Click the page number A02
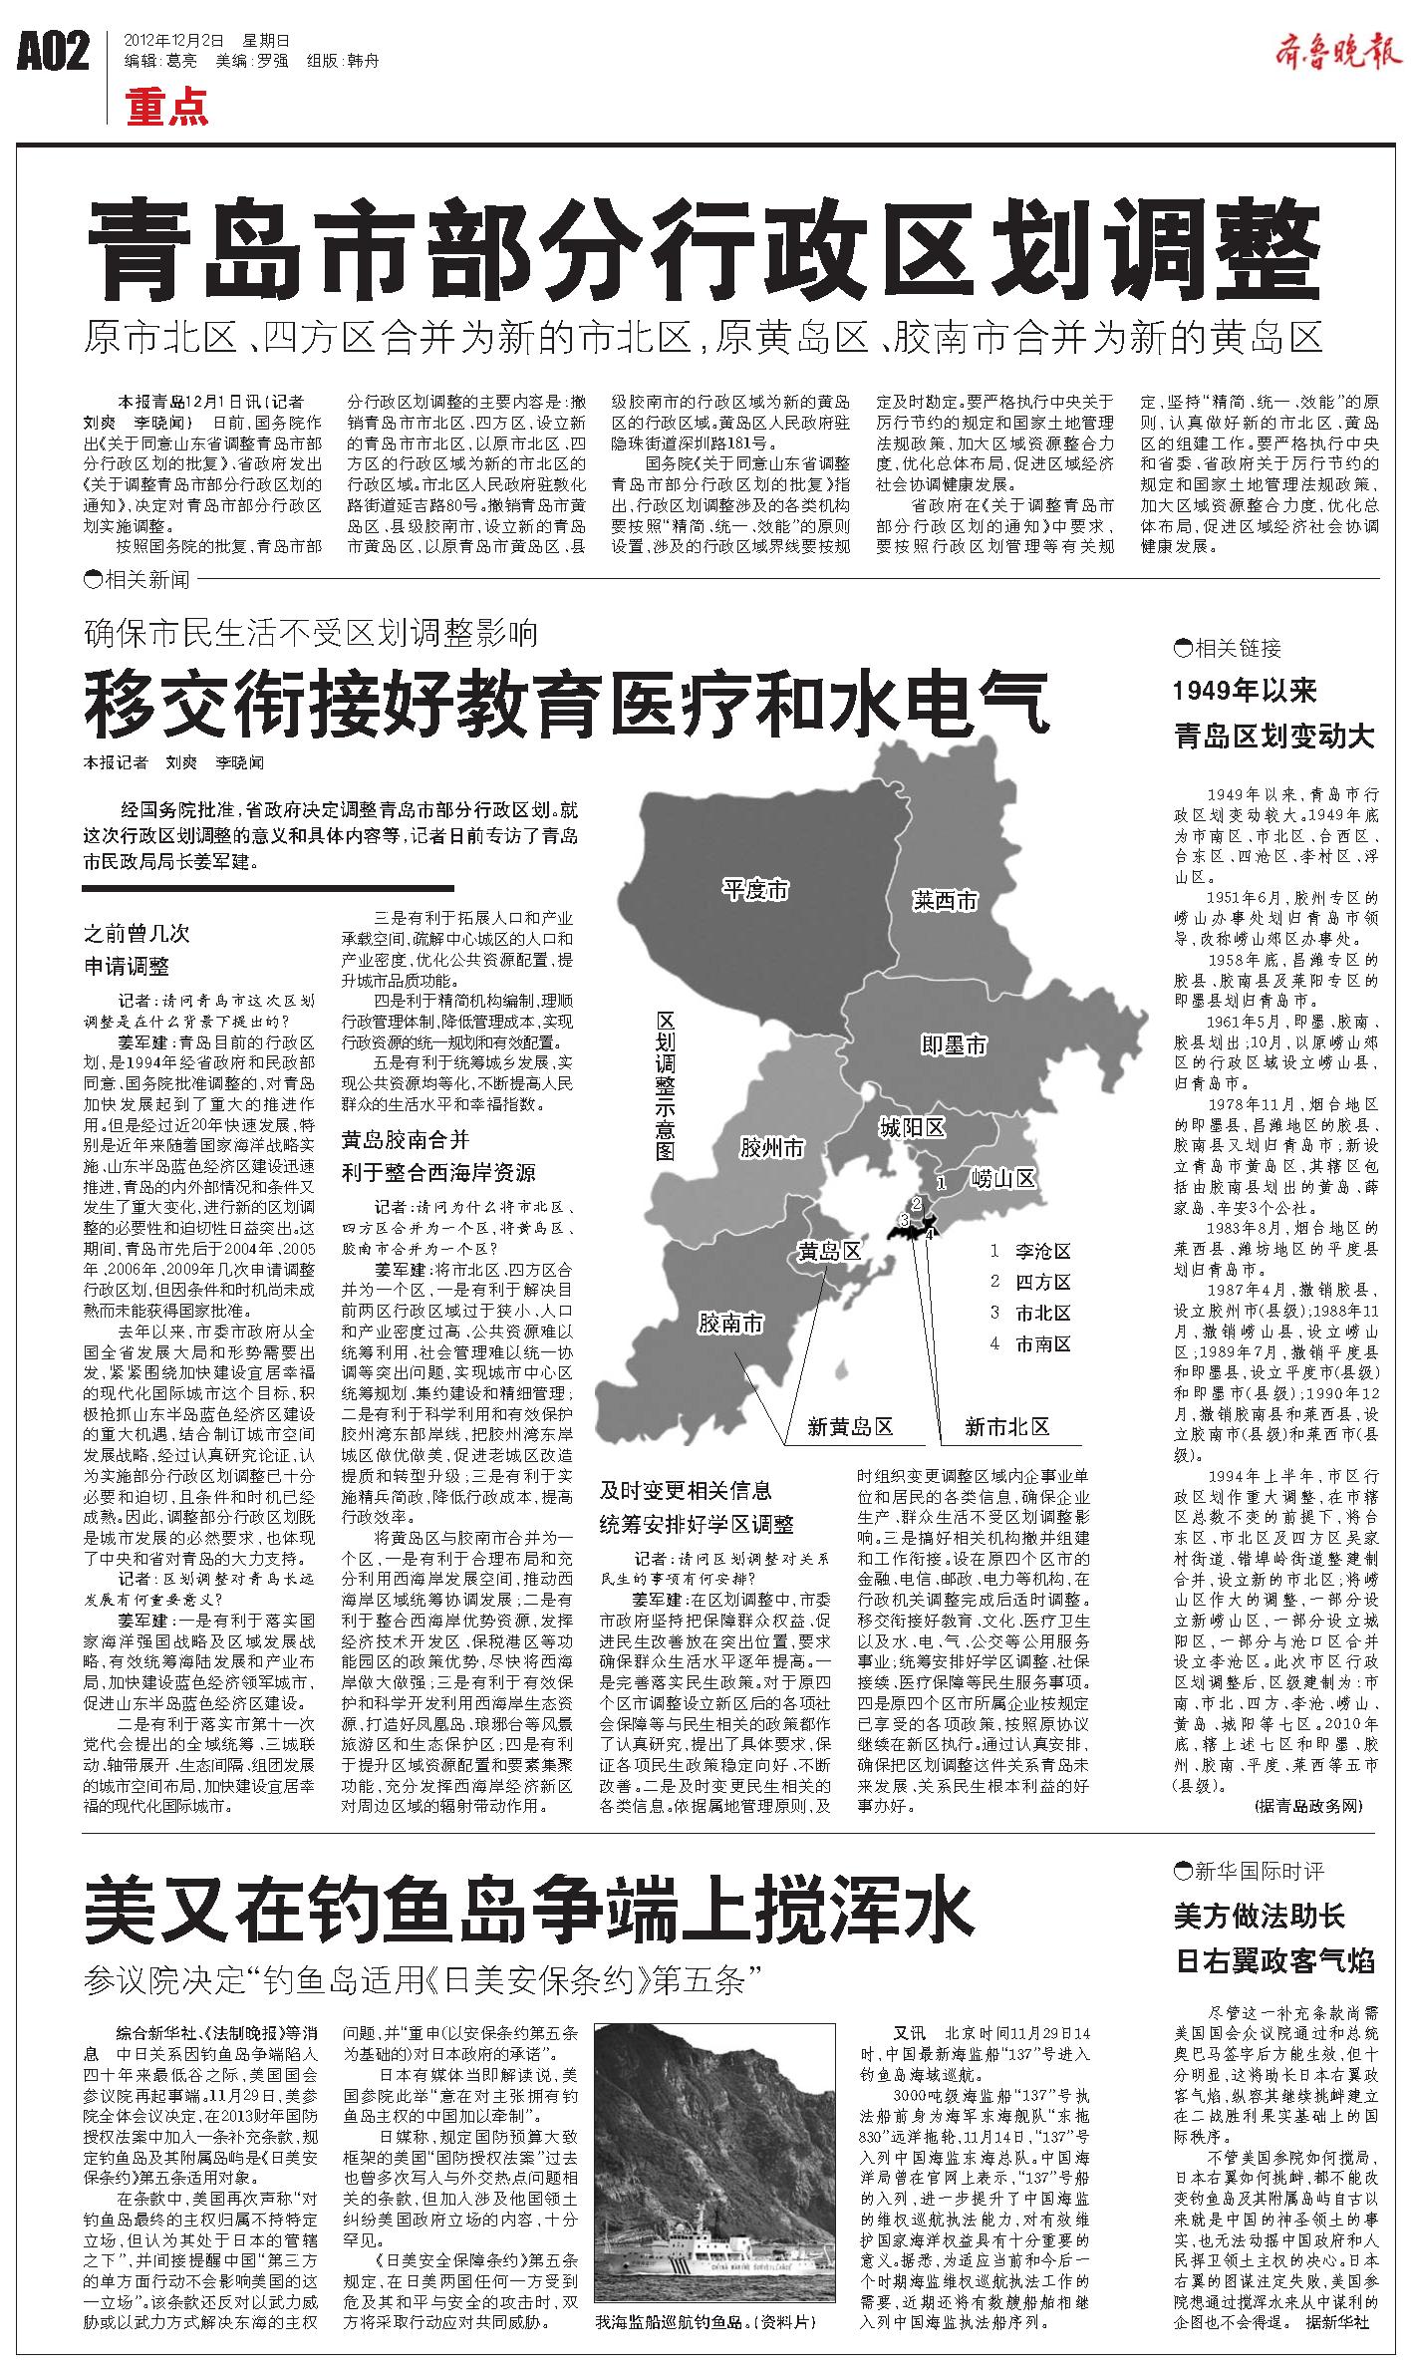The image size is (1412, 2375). click(x=54, y=52)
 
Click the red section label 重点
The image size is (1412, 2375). click(x=167, y=107)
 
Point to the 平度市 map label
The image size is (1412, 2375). click(x=755, y=890)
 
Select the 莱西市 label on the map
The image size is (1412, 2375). click(x=946, y=901)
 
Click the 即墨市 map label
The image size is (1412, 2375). click(x=953, y=1044)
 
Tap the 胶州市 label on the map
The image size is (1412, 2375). click(x=771, y=1148)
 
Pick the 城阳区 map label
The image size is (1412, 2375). click(x=911, y=1127)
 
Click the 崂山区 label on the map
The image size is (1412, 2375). click(x=1004, y=1179)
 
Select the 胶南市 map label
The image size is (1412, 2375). click(x=730, y=1323)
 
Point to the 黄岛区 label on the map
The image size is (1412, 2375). click(x=829, y=1251)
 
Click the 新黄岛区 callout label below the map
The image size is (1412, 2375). click(x=850, y=1426)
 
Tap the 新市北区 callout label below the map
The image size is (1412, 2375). click(x=1006, y=1426)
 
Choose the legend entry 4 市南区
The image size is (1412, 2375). click(x=1030, y=1343)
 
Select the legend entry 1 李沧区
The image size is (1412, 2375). click(x=1030, y=1251)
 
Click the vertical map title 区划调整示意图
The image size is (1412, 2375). click(x=666, y=1086)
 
